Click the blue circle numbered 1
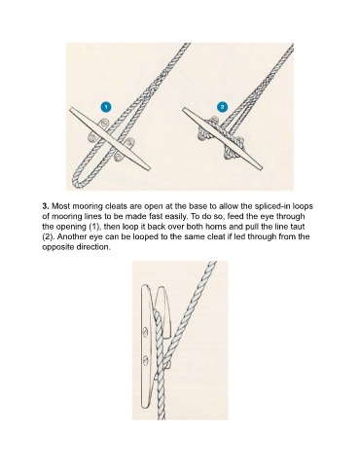pyautogui.click(x=106, y=107)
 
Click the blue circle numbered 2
pyautogui.click(x=222, y=107)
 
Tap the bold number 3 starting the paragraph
pyautogui.click(x=46, y=206)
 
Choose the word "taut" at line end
pyautogui.click(x=298, y=227)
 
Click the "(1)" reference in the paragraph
pyautogui.click(x=94, y=227)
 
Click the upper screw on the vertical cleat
pyautogui.click(x=145, y=332)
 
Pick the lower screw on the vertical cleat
pyautogui.click(x=146, y=360)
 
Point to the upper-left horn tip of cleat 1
pyautogui.click(x=71, y=110)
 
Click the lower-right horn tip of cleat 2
pyautogui.click(x=261, y=168)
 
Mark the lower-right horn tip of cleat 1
pyautogui.click(x=149, y=168)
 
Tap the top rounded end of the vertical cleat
pyautogui.click(x=145, y=287)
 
